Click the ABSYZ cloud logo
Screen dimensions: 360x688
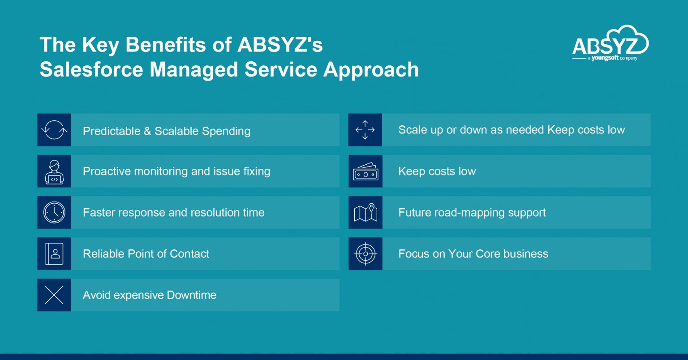click(610, 43)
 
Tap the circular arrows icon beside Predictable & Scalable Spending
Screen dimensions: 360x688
click(54, 130)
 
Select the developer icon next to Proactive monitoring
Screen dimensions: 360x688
click(54, 171)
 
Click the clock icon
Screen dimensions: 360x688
click(54, 213)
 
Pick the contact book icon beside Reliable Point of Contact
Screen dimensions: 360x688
click(54, 254)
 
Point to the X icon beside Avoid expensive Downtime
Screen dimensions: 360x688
click(54, 295)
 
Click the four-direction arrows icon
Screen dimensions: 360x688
click(365, 130)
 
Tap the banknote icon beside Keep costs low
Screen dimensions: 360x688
click(365, 171)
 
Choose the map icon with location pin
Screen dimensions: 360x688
click(365, 213)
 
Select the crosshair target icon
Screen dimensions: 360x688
click(365, 254)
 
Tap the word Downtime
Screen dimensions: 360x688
click(191, 295)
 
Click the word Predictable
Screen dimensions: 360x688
click(112, 131)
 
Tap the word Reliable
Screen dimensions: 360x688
click(103, 254)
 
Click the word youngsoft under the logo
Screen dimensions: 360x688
click(604, 58)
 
